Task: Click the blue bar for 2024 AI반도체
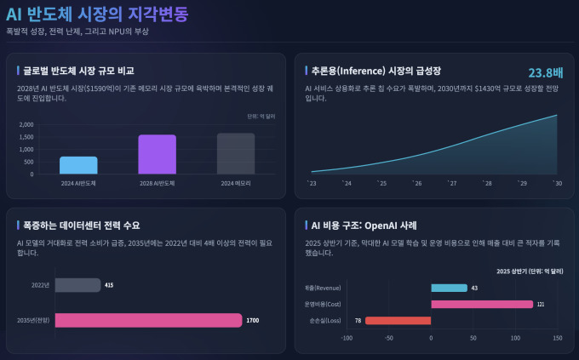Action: coord(78,165)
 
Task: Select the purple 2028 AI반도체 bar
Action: coord(157,154)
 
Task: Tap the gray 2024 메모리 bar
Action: coord(236,153)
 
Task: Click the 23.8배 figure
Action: coord(545,72)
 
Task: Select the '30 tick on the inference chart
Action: coord(558,183)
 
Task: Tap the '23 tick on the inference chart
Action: coord(312,183)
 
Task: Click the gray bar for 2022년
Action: coord(77,285)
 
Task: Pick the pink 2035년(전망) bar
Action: coord(148,320)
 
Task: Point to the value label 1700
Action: coord(253,320)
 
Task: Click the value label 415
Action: coord(109,285)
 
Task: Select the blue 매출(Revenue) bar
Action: coord(449,288)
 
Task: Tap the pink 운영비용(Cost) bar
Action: coord(482,304)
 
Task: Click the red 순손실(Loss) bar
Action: coord(398,320)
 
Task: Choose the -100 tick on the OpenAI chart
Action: coord(347,338)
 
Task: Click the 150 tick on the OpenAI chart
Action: coord(558,338)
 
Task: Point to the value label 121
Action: coord(541,304)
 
